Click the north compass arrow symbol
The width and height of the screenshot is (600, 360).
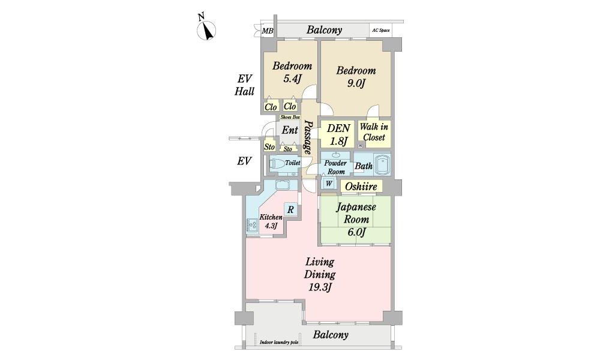[206, 30]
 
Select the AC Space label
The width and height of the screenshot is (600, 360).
[381, 30]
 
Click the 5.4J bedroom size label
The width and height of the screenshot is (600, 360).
[292, 79]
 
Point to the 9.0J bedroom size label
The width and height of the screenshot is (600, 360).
[356, 83]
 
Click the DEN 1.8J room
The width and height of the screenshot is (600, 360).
[338, 134]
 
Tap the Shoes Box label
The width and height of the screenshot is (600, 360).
[290, 117]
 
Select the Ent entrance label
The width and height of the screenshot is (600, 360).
[290, 130]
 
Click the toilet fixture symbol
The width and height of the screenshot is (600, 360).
[277, 164]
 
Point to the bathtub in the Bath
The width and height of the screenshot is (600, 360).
[382, 164]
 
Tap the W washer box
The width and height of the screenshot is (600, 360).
[329, 184]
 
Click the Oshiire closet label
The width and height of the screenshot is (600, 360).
[361, 187]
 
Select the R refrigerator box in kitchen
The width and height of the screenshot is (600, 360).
[290, 209]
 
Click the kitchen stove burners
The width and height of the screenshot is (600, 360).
[252, 224]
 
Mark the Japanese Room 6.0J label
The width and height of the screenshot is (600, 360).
[356, 219]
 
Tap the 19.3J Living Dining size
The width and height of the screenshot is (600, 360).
[320, 287]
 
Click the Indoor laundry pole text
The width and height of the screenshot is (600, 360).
[279, 343]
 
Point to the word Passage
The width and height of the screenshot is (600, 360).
[308, 137]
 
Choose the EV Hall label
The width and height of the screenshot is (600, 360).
[245, 85]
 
